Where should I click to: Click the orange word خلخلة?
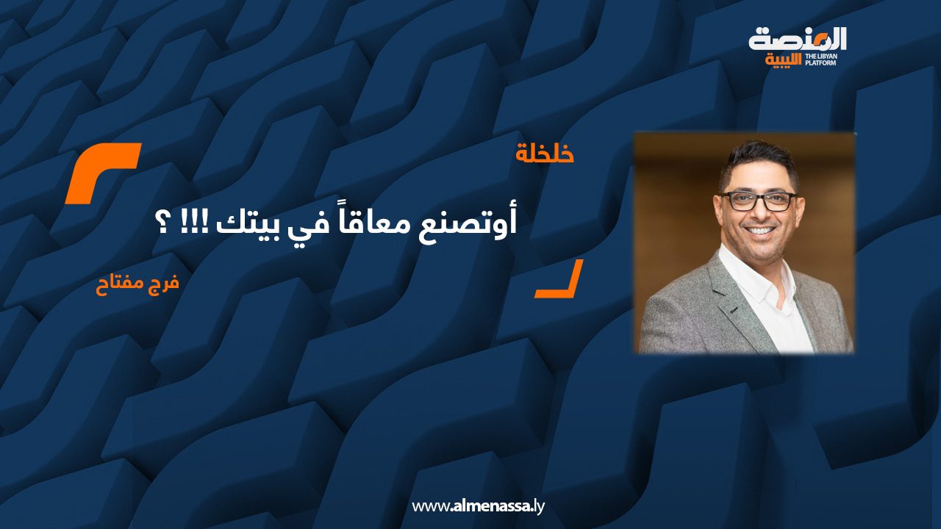[x=545, y=154]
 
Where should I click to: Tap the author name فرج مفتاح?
[x=137, y=284]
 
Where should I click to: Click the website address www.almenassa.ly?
[x=478, y=505]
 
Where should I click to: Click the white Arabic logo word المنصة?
[x=798, y=39]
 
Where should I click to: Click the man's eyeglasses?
[x=758, y=201]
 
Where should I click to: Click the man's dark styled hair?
[x=759, y=162]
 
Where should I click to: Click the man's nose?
[x=760, y=213]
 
